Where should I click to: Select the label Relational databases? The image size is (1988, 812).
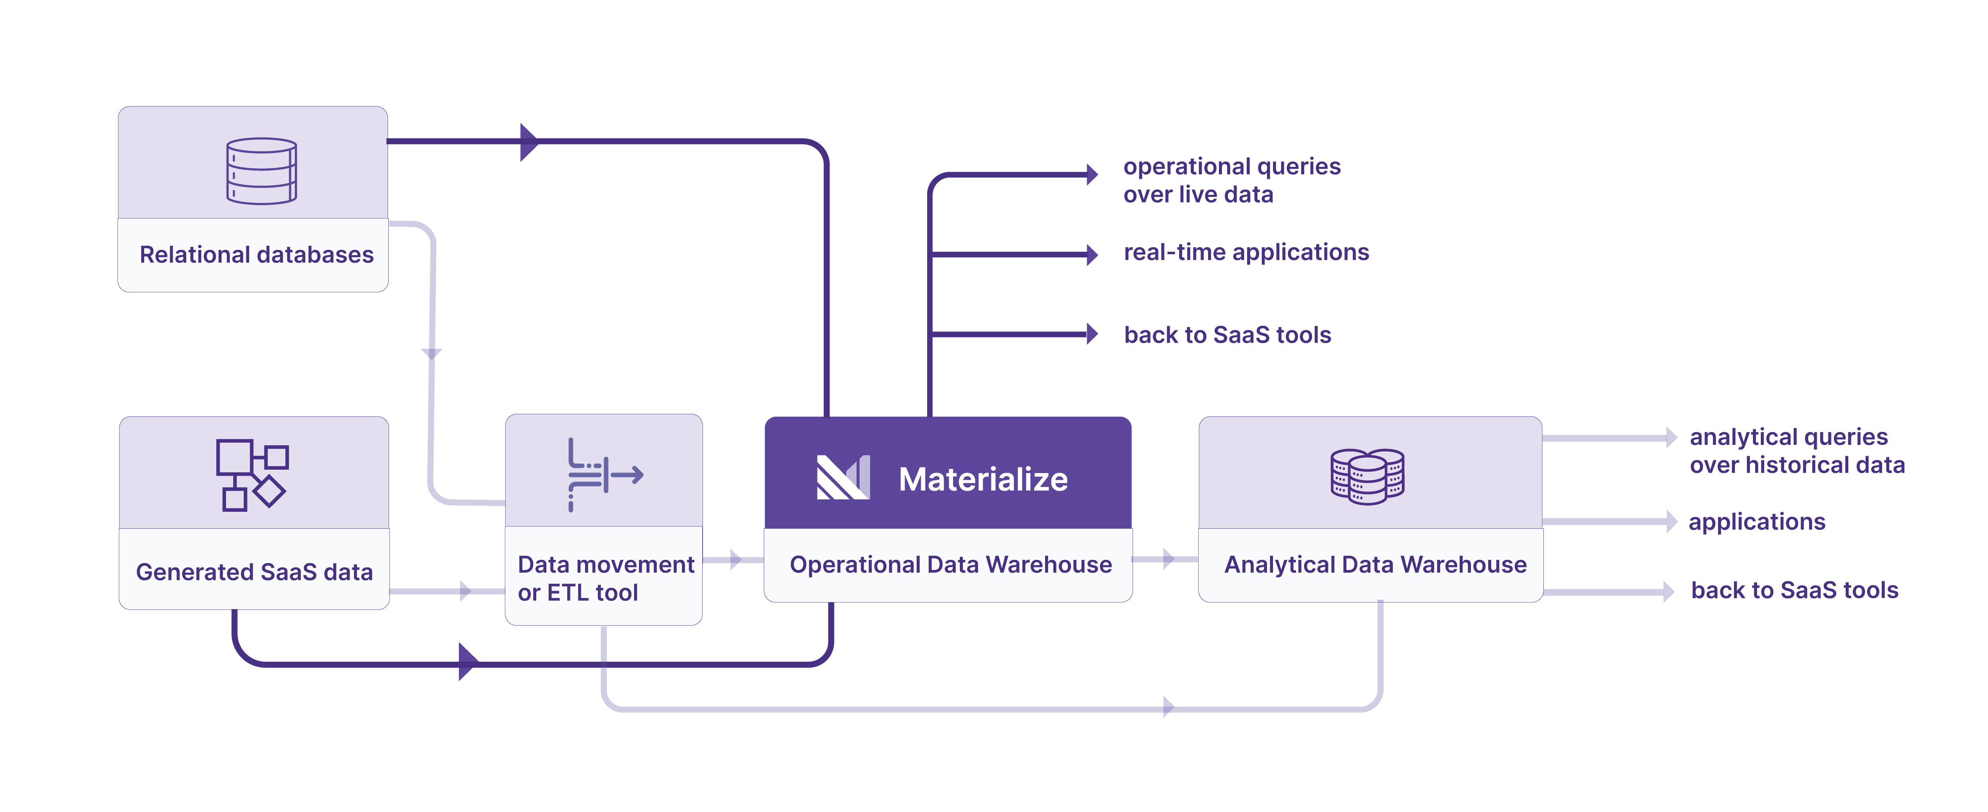click(256, 255)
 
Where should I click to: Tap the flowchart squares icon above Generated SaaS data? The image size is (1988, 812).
click(252, 475)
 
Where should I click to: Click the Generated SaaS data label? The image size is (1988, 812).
click(254, 572)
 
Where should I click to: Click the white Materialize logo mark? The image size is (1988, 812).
click(843, 478)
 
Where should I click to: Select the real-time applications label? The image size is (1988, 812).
click(1246, 253)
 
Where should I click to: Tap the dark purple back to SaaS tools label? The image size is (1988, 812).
click(1227, 335)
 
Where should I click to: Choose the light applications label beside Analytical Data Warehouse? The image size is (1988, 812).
click(1756, 522)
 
